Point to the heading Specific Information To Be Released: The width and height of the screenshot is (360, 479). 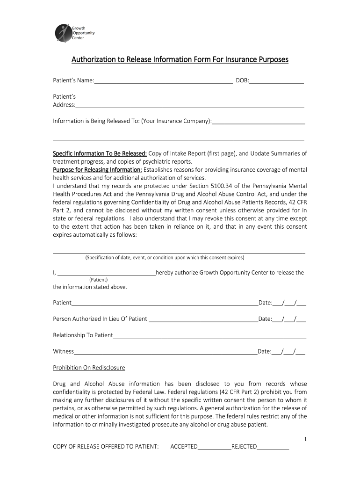tap(100, 153)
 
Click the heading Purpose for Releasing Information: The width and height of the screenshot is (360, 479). tap(97, 170)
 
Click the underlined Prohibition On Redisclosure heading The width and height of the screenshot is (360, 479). tap(89, 368)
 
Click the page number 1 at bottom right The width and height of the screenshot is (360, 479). tap(305, 439)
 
